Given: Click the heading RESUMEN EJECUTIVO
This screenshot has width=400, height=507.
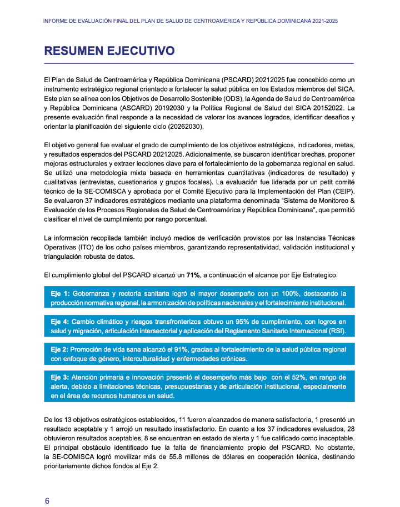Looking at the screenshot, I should [109, 52].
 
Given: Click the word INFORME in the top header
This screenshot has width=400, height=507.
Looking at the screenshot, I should [56, 21].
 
